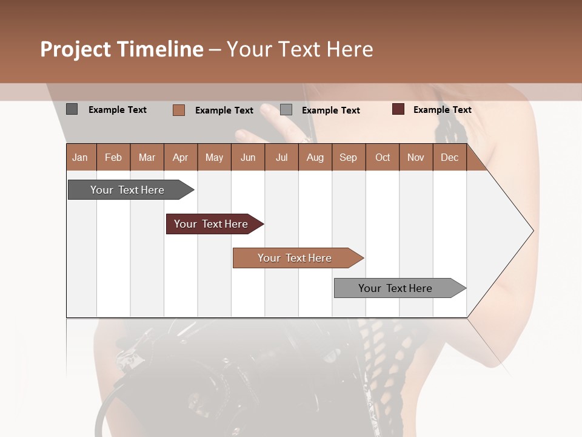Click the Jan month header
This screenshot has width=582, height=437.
[x=80, y=157]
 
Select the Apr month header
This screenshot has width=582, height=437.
[x=181, y=157]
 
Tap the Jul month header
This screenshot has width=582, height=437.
[x=281, y=157]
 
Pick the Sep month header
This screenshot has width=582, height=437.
[x=348, y=157]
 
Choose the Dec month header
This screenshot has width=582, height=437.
[x=449, y=157]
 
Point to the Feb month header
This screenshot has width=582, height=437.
[x=113, y=157]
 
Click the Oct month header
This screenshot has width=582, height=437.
[x=383, y=157]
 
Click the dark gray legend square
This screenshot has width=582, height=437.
[x=72, y=109]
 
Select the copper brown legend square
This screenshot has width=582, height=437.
[x=179, y=110]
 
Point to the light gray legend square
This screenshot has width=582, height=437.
[x=286, y=110]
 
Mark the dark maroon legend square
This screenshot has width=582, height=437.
[x=398, y=109]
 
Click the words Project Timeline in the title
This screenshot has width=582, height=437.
[x=122, y=49]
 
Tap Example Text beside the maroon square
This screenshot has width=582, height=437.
[x=442, y=110]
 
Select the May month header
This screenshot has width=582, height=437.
[x=214, y=157]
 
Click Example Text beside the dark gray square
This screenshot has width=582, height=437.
[x=117, y=110]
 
